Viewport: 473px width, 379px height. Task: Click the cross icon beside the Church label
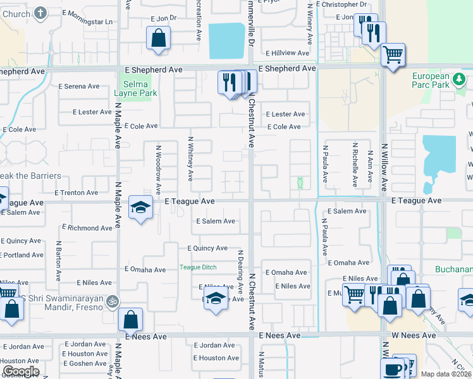click(x=40, y=13)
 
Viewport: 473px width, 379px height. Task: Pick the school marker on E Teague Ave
click(x=140, y=207)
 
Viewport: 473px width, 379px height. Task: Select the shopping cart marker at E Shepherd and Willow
click(x=393, y=55)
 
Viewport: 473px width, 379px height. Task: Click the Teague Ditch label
click(x=198, y=267)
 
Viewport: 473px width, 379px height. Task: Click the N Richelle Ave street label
click(x=355, y=165)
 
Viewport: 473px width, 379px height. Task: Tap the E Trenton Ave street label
click(x=76, y=193)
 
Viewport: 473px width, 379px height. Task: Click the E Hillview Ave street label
click(x=286, y=54)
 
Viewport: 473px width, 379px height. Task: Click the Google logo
click(x=20, y=371)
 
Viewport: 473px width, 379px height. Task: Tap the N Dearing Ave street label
click(x=240, y=272)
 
